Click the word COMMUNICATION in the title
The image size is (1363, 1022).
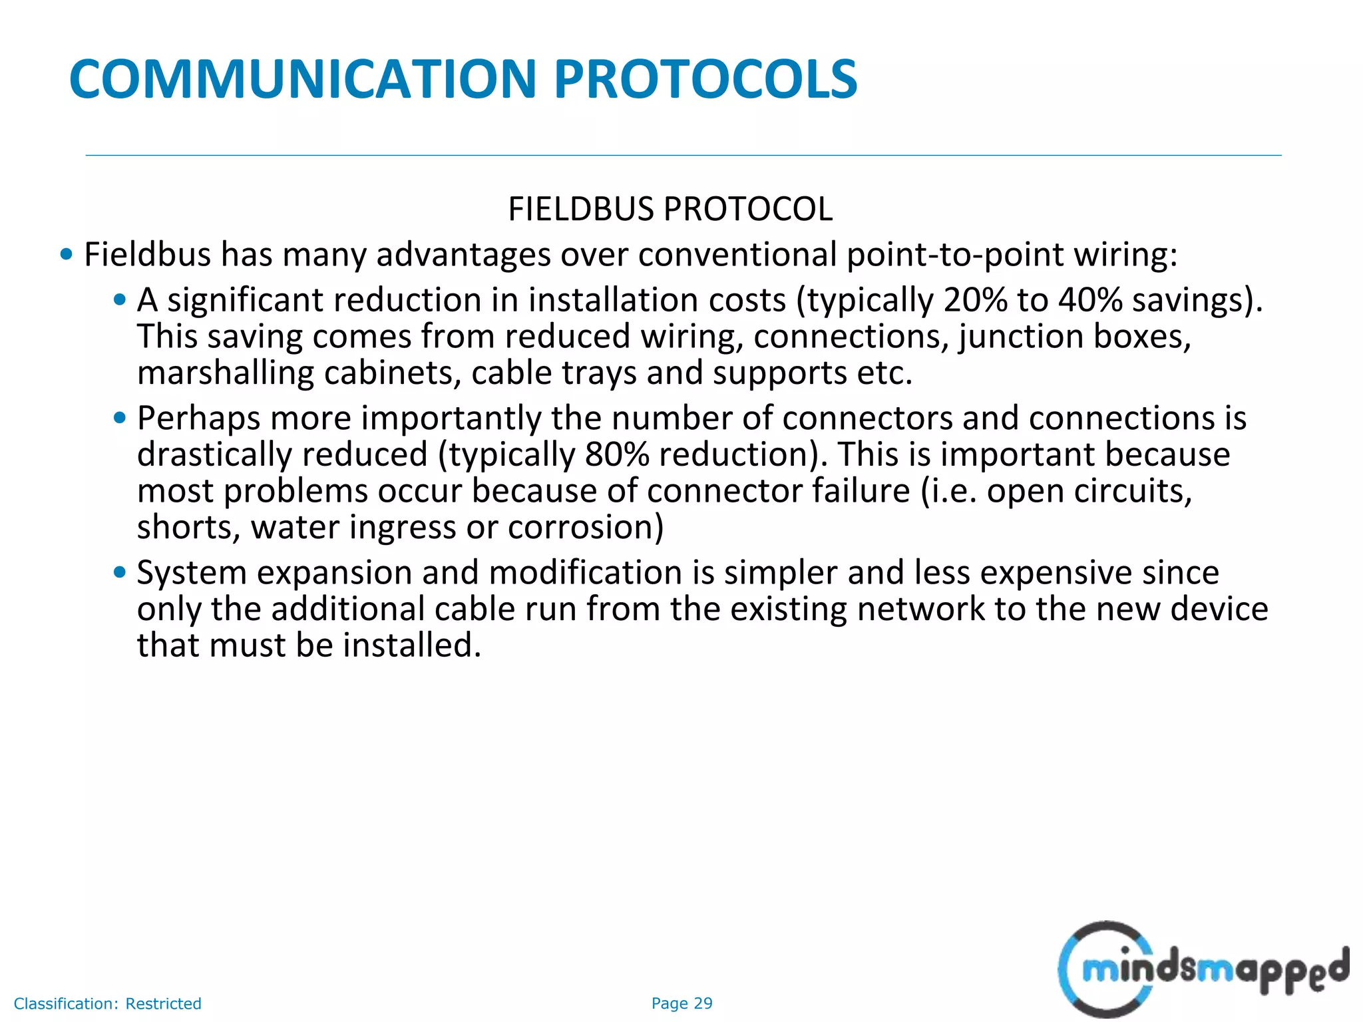[303, 80]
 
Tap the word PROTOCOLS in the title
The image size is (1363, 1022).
[705, 80]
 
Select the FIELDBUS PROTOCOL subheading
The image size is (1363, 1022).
[670, 209]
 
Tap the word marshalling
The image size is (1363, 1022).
[226, 373]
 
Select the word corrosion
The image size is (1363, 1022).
[586, 528]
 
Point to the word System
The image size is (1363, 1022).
[192, 573]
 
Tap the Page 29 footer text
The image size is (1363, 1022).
[681, 1003]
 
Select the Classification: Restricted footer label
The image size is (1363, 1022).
[107, 1003]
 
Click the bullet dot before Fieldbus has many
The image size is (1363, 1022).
[66, 254]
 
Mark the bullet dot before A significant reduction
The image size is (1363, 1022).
[120, 300]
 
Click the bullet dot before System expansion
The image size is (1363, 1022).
[120, 572]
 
